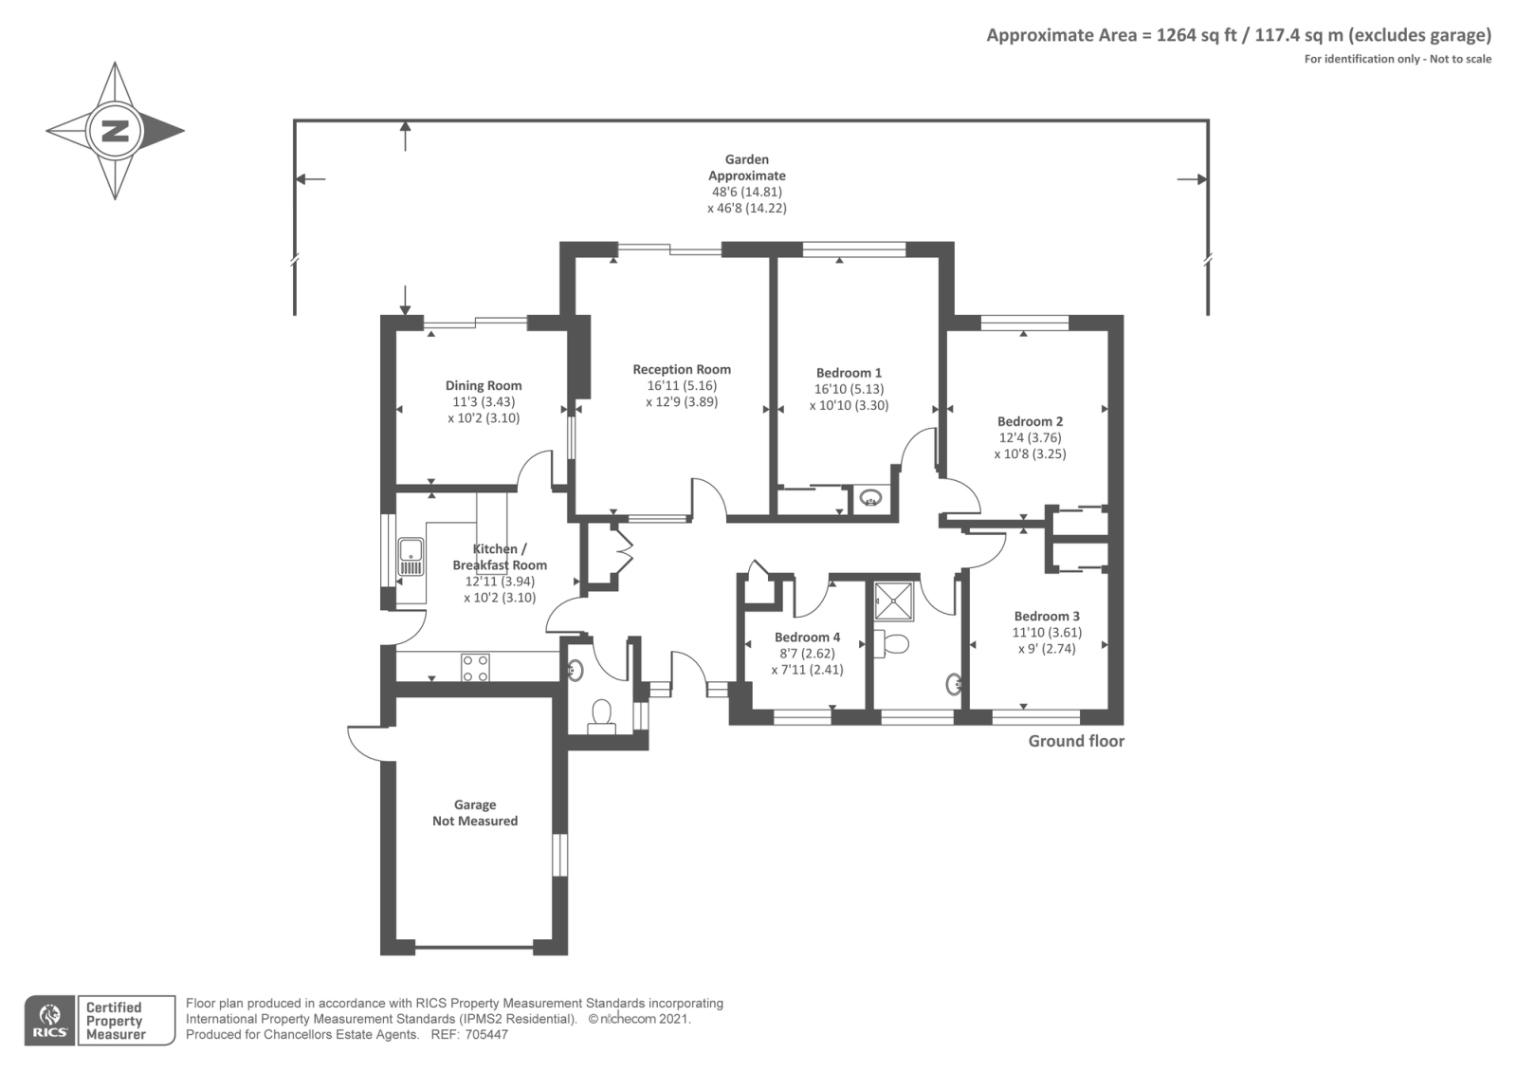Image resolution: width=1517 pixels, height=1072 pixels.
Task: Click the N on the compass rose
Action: point(115,131)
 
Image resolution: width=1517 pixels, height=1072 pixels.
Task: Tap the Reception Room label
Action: point(682,369)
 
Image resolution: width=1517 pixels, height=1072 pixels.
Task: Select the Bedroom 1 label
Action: point(849,373)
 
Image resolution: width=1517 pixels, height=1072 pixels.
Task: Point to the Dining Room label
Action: point(484,385)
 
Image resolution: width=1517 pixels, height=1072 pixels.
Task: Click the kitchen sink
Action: point(411,557)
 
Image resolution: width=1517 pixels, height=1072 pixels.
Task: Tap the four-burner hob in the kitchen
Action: point(475,667)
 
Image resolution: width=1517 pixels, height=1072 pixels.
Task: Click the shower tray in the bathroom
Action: point(894,601)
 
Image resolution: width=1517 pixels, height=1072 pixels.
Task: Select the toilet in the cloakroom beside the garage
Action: point(601,717)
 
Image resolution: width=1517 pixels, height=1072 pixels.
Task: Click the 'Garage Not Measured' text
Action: point(475,812)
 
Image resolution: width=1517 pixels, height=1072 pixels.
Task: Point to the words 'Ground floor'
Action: point(1076,741)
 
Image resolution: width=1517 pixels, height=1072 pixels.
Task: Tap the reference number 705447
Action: point(486,1035)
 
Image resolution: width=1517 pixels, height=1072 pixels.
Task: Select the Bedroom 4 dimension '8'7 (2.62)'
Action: point(807,654)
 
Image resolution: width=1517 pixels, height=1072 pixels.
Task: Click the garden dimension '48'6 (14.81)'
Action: point(747,192)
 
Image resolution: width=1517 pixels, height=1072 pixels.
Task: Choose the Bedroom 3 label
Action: point(1047,616)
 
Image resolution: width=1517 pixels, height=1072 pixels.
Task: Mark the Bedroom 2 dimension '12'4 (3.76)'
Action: point(1030,437)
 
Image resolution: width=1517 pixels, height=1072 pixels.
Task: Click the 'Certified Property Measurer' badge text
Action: point(116,1021)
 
